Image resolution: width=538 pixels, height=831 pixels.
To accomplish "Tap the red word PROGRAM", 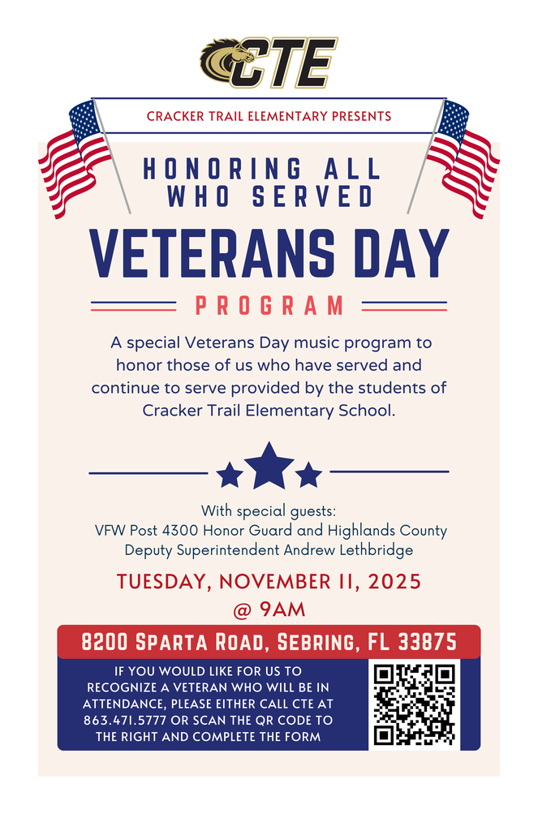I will point(269,306).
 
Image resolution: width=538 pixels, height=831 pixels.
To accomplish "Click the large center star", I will point(269,466).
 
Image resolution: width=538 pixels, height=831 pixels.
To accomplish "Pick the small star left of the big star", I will point(230,475).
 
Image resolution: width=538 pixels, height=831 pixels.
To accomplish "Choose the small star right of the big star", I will point(308,475).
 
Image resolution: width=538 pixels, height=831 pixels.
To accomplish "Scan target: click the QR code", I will point(414,704).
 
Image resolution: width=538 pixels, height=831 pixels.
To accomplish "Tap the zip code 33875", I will point(428,643).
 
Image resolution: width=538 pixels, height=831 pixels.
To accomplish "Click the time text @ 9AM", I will point(269,608).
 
